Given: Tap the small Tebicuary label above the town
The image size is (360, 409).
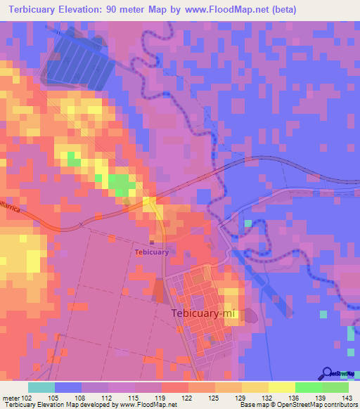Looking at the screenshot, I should tap(152, 252).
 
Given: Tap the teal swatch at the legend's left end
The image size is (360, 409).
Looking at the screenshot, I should tap(41, 387).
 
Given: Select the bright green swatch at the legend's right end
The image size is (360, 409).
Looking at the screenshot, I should tap(335, 387).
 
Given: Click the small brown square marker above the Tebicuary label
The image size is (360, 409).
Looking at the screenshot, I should tap(152, 243).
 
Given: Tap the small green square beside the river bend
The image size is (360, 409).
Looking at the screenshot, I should tap(247, 223).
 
